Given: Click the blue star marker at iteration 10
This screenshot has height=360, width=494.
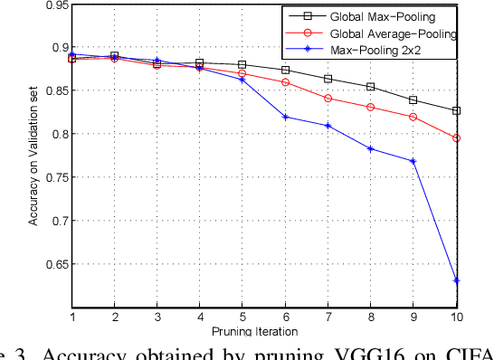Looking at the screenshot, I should [456, 280].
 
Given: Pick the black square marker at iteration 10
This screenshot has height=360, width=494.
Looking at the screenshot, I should [456, 110].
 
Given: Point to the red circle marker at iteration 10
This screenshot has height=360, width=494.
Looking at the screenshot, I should [456, 138].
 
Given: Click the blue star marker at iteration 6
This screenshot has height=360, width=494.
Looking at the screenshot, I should [285, 117].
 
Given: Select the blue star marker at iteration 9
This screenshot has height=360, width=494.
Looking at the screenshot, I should [413, 161].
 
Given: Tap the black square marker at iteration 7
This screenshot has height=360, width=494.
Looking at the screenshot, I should [328, 79].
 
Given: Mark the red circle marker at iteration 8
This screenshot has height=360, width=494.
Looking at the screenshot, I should [371, 107].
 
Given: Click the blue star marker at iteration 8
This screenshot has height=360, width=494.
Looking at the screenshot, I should [371, 148].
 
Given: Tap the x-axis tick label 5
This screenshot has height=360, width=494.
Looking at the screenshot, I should [242, 317].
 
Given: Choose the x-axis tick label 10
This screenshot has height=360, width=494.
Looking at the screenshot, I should [456, 317].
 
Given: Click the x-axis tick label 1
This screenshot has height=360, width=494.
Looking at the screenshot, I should [71, 317].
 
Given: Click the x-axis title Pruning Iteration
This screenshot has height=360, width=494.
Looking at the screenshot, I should [264, 331].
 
